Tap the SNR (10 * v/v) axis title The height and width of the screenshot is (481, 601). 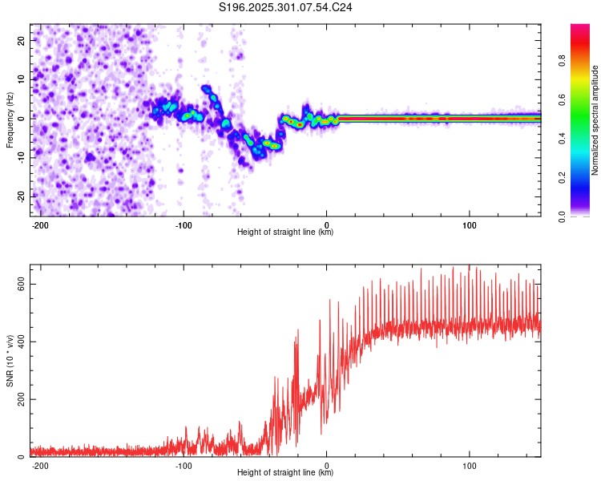coord(10,361)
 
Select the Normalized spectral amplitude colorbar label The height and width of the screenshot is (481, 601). coord(595,120)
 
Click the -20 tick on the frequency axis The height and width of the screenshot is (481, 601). coord(21,196)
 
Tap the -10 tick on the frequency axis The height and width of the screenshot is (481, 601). coord(21,157)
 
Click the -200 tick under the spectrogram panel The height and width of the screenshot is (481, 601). coord(40,224)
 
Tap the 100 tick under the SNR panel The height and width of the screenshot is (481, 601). coord(469,464)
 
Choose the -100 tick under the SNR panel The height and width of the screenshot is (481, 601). coord(183,464)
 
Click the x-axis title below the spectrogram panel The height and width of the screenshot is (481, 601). coord(285,232)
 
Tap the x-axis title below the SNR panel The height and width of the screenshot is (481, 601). coord(285,473)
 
